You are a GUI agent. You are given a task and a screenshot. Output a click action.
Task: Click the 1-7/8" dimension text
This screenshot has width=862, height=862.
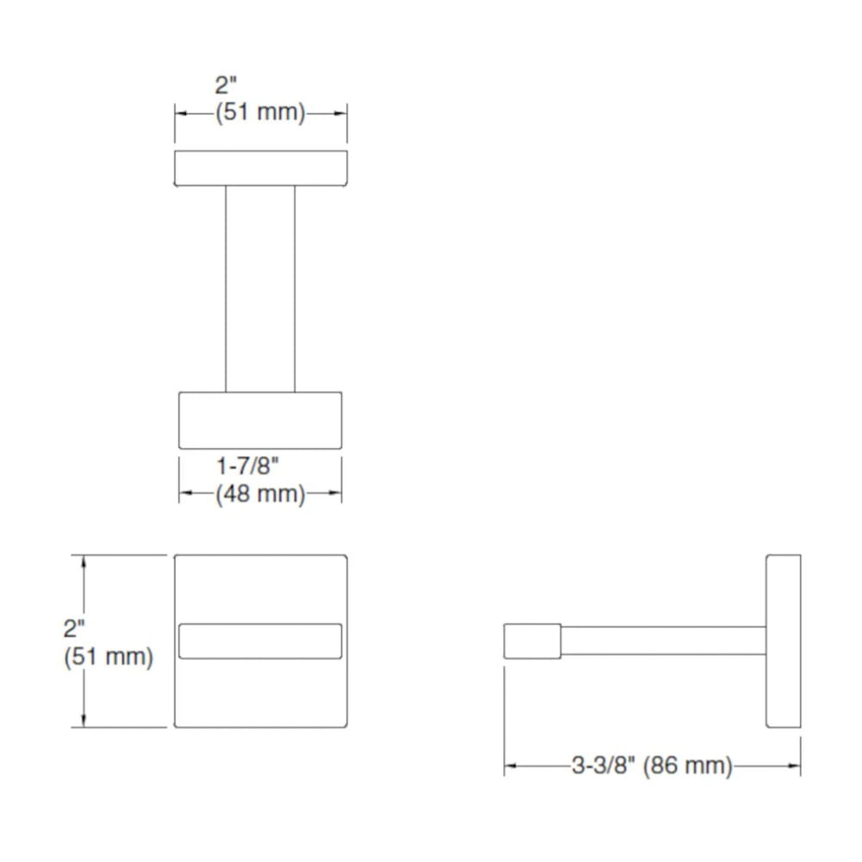point(247,466)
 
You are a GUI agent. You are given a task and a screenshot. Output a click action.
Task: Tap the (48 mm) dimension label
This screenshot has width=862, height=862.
point(260,494)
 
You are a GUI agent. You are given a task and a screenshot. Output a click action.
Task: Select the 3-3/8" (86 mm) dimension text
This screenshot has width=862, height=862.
point(652,765)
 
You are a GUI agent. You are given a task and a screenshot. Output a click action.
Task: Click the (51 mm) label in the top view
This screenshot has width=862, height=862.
point(260,112)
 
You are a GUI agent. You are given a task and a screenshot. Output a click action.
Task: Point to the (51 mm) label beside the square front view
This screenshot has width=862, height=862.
point(109,656)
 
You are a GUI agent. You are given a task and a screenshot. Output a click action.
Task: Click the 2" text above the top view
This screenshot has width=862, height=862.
point(225,85)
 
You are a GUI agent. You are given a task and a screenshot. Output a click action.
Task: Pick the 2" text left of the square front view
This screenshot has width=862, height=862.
point(74,629)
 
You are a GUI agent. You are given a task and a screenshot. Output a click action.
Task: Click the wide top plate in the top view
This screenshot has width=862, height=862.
point(260,168)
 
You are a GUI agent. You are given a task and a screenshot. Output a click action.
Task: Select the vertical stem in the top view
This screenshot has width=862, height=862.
point(260,289)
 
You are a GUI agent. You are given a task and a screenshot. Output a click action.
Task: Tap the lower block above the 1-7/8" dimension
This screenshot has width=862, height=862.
point(260,421)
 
